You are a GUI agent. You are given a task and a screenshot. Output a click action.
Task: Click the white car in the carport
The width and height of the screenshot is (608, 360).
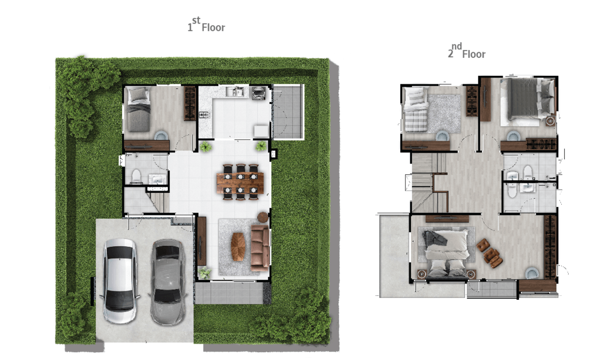coord(119,281)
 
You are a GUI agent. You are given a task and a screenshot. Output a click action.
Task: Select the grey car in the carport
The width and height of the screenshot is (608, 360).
coord(168,282)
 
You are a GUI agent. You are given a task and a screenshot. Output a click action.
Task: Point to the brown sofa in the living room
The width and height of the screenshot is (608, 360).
coord(260,248)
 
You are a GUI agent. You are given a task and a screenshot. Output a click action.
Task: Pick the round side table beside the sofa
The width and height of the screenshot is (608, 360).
coord(263,217)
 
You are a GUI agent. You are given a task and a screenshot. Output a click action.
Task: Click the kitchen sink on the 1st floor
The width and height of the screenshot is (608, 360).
coord(235,92)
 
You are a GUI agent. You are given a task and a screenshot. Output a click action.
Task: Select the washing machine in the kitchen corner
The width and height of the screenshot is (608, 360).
coord(258,93)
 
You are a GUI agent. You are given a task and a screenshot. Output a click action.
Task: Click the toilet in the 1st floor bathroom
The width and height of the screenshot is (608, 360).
coord(136,176)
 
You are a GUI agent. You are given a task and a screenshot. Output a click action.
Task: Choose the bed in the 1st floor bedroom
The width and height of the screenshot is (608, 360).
coord(138,109)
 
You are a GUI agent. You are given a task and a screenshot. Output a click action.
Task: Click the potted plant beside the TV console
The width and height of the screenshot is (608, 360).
coord(204,272)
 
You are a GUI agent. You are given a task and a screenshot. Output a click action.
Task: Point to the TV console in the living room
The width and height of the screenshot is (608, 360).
coord(201,241)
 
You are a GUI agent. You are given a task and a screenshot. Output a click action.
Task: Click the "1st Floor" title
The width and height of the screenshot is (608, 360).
coord(206,24)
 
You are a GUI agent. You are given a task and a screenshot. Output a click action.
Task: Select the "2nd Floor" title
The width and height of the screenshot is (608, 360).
coord(467,51)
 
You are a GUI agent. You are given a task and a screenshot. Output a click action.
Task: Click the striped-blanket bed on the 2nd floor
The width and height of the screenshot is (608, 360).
coord(415,110)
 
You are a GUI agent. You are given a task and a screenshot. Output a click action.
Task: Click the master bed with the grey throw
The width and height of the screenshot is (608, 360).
coord(446,253)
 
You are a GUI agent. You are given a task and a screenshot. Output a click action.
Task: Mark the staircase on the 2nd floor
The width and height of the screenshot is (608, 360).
coord(430,182)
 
